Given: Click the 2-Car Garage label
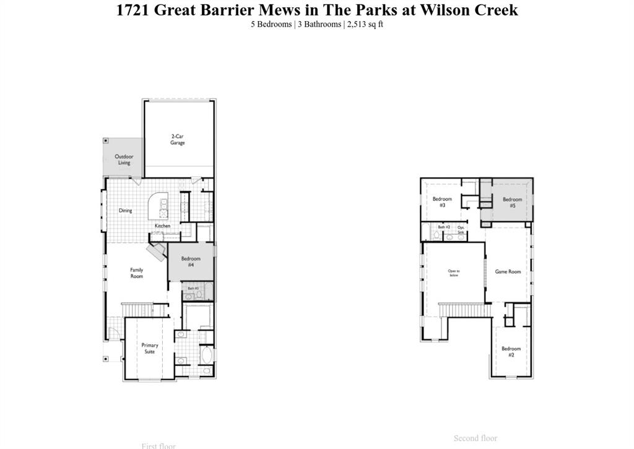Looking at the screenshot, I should [x=178, y=139].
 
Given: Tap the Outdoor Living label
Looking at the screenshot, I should [x=124, y=160].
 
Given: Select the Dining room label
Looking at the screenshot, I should [x=126, y=211].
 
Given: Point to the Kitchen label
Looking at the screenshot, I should [x=162, y=226].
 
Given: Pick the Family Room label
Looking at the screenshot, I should [x=136, y=272].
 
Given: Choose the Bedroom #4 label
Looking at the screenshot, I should [x=191, y=261].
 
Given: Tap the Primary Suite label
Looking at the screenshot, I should [x=149, y=349].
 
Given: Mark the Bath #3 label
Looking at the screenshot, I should [x=193, y=289].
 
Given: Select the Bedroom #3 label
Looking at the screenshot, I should [x=442, y=202].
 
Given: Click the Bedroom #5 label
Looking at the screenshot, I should [x=512, y=203].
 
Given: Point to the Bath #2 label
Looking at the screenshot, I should [x=444, y=227].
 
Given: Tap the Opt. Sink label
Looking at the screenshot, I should [x=461, y=230].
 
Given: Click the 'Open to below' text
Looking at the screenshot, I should [x=454, y=273].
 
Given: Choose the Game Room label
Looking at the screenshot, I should [x=508, y=272].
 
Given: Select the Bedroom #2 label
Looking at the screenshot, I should [x=511, y=352].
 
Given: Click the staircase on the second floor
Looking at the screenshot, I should [x=461, y=308].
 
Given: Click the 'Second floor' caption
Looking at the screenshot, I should [x=475, y=438].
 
